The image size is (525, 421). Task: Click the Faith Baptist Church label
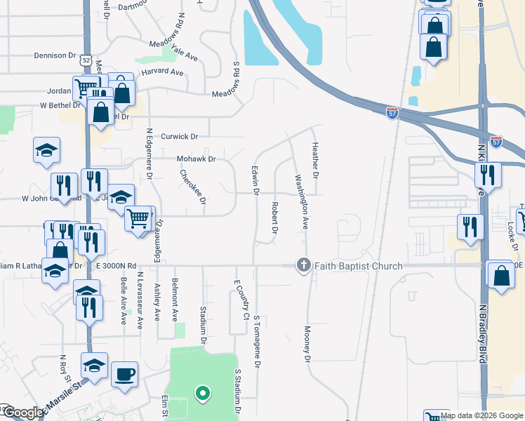(x=358, y=266)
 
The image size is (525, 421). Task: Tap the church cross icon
(x=303, y=265)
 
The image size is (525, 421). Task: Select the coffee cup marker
(x=124, y=374)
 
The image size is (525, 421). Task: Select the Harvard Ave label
(x=162, y=72)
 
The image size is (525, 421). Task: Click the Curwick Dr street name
(x=180, y=136)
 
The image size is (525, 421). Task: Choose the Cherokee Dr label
(x=192, y=186)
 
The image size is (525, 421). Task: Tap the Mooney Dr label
(x=307, y=344)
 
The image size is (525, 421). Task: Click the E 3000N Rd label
(x=117, y=266)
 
